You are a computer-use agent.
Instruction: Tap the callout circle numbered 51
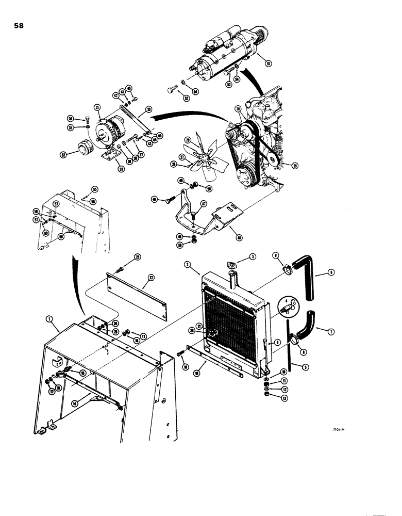(267, 63)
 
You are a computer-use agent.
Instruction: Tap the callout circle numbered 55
(94, 189)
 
